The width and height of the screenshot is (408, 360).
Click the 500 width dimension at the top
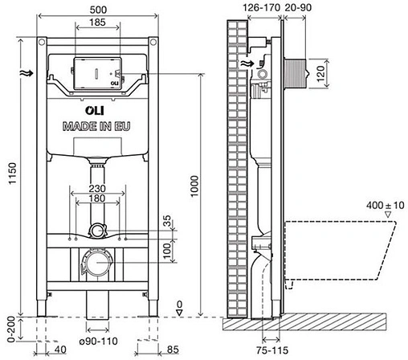(x=96, y=7)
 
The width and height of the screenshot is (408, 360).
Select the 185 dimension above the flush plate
(x=96, y=21)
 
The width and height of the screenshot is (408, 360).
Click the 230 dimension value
(x=96, y=190)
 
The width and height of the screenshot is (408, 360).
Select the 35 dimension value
(x=166, y=223)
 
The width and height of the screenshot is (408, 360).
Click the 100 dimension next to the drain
(x=166, y=252)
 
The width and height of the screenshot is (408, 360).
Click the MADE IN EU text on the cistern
(x=96, y=126)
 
